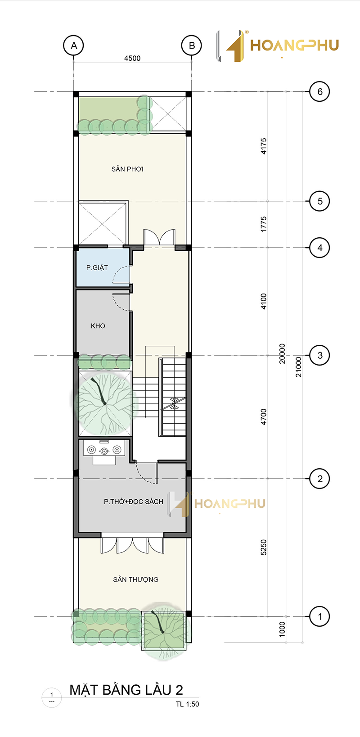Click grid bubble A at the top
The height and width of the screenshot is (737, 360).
pyautogui.click(x=73, y=45)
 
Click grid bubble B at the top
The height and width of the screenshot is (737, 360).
pyautogui.click(x=192, y=45)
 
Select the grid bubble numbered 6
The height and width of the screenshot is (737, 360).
pyautogui.click(x=319, y=91)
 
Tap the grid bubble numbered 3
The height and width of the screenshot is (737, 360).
pyautogui.click(x=319, y=355)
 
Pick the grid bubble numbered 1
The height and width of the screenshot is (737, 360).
pyautogui.click(x=319, y=616)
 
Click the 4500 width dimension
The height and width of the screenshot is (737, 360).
pyautogui.click(x=132, y=58)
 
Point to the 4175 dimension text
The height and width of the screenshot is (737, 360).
pyautogui.click(x=263, y=146)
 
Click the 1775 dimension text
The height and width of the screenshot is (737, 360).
pyautogui.click(x=263, y=224)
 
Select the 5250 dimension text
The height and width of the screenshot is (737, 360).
pyautogui.click(x=263, y=547)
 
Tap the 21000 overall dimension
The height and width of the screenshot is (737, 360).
pyautogui.click(x=298, y=367)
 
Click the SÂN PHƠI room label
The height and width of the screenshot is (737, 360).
pyautogui.click(x=127, y=169)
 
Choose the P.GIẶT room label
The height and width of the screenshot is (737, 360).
pyautogui.click(x=97, y=267)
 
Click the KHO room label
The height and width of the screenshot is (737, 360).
pyautogui.click(x=98, y=326)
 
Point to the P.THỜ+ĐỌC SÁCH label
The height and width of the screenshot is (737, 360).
pyautogui.click(x=134, y=502)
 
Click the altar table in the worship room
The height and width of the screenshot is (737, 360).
pyautogui.click(x=104, y=450)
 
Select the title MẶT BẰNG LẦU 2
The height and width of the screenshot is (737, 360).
pyautogui.click(x=126, y=690)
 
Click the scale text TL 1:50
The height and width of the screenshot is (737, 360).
pyautogui.click(x=187, y=704)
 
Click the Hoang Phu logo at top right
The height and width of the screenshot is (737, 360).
pyautogui.click(x=278, y=46)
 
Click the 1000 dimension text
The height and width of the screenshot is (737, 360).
pyautogui.click(x=282, y=629)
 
